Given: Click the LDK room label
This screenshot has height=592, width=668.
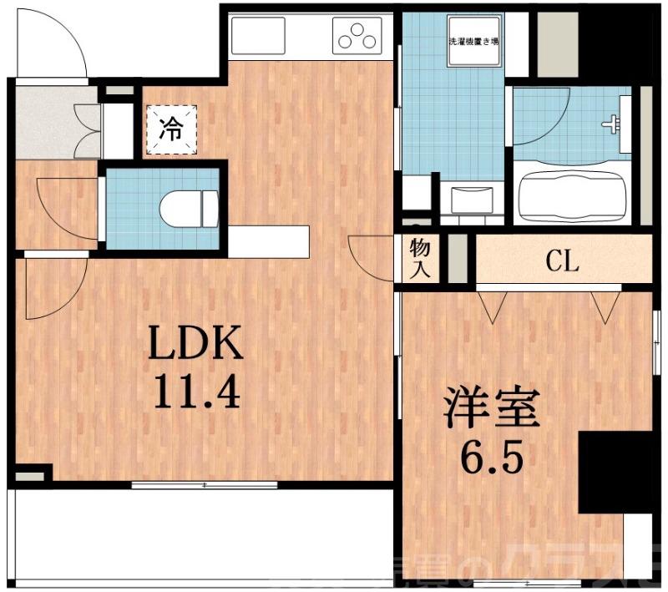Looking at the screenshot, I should point(196,342).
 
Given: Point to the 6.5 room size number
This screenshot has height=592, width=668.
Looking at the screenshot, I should point(494,456).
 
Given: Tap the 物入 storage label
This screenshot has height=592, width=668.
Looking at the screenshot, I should point(420,258).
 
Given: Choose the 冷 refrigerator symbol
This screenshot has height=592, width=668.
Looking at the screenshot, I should point(172,130).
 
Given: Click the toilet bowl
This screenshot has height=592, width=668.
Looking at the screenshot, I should point(188,208).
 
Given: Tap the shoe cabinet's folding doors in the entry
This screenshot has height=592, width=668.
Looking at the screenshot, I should point(87,129).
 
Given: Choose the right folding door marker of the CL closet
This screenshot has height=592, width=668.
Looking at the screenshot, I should point(602,305).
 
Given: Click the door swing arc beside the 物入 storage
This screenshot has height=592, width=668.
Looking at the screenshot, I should point(367,256).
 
